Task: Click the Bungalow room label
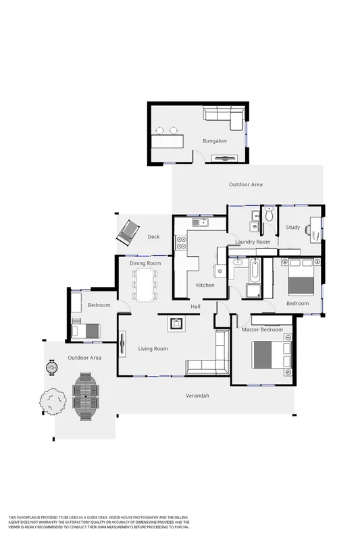(215, 141)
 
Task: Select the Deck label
(153, 236)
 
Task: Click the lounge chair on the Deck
(127, 234)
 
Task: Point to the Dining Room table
(145, 284)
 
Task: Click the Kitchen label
(205, 285)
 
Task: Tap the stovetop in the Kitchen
(181, 242)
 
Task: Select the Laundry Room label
(253, 242)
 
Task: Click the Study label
(292, 227)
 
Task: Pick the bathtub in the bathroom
(255, 271)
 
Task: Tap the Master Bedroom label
(262, 329)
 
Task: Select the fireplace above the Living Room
(176, 323)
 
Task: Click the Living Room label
(153, 348)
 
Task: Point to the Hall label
(195, 307)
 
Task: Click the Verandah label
(197, 396)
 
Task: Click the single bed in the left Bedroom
(86, 331)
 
